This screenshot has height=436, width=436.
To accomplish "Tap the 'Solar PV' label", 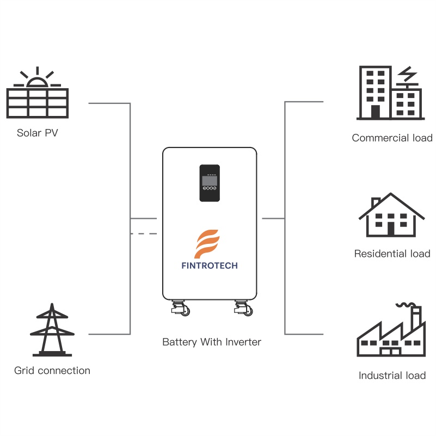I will pos(37,133).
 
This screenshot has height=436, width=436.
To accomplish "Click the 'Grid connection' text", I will pos(52,371).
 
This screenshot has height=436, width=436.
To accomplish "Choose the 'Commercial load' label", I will pos(392,138).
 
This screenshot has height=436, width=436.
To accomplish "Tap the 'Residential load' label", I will pos(392,254).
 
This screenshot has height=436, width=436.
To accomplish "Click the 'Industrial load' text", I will pos(392,376).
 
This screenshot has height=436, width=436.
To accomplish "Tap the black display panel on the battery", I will pos(209,183).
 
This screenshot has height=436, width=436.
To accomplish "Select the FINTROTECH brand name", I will pos(209,266).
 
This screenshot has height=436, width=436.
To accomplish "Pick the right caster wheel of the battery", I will pos(244,310).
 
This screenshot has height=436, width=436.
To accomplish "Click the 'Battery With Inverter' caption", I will pos(212,342).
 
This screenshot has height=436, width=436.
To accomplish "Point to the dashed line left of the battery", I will pos(144,234).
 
